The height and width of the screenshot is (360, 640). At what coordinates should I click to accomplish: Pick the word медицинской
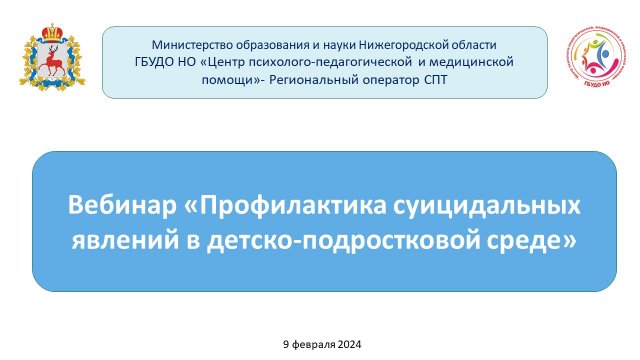coord(476,61)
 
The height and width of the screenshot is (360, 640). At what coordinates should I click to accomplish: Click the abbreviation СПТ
coord(437,78)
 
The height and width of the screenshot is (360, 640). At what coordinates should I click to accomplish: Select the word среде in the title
coord(541,241)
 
